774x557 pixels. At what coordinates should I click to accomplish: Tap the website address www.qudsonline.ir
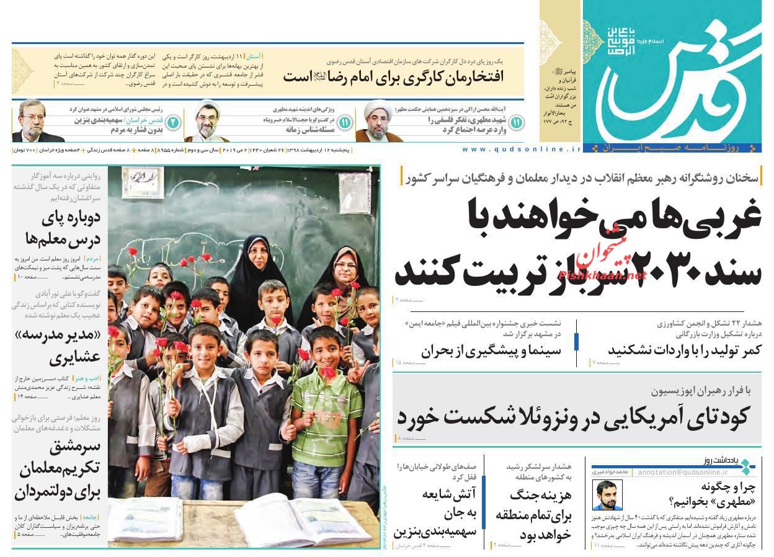522,149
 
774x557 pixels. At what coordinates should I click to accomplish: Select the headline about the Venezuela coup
574,416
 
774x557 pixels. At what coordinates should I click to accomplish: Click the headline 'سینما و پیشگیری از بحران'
491,350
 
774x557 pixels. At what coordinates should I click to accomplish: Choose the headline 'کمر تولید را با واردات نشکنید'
684,350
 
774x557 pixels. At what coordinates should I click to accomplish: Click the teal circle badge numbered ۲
173,122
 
